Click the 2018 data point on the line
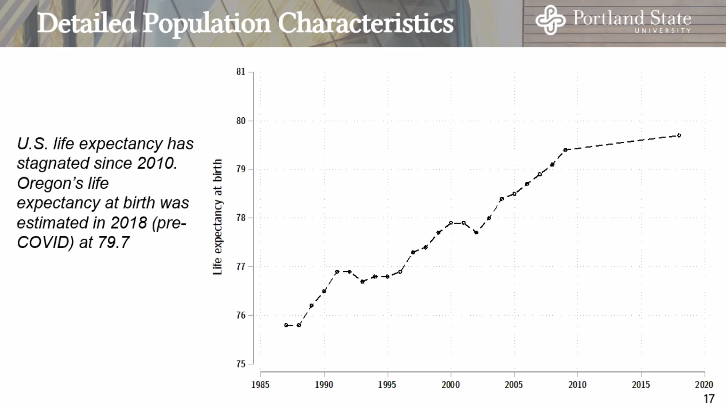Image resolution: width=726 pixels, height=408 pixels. click(679, 135)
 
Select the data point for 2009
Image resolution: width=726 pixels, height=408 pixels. click(565, 150)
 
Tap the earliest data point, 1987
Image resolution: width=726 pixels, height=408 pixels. click(286, 325)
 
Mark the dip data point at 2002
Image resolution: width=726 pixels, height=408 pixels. click(476, 232)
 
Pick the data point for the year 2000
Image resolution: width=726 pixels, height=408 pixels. click(451, 223)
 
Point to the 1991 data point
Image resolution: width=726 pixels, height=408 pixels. click(337, 272)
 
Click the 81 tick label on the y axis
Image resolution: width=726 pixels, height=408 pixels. click(241, 72)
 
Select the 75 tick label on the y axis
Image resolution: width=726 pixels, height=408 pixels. click(241, 364)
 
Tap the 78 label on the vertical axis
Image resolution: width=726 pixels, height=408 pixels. click(241, 218)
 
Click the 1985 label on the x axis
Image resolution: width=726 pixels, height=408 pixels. click(260, 385)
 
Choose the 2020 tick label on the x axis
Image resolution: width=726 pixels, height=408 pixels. click(704, 385)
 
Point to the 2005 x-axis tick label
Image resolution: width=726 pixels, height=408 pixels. click(514, 385)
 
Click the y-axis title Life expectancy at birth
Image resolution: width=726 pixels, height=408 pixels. click(217, 217)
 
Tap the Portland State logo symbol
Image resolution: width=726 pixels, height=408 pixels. click(550, 20)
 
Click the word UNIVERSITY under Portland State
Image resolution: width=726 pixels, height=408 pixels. click(663, 31)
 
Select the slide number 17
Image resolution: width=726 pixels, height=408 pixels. click(709, 399)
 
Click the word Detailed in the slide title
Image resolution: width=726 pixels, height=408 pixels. click(87, 23)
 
